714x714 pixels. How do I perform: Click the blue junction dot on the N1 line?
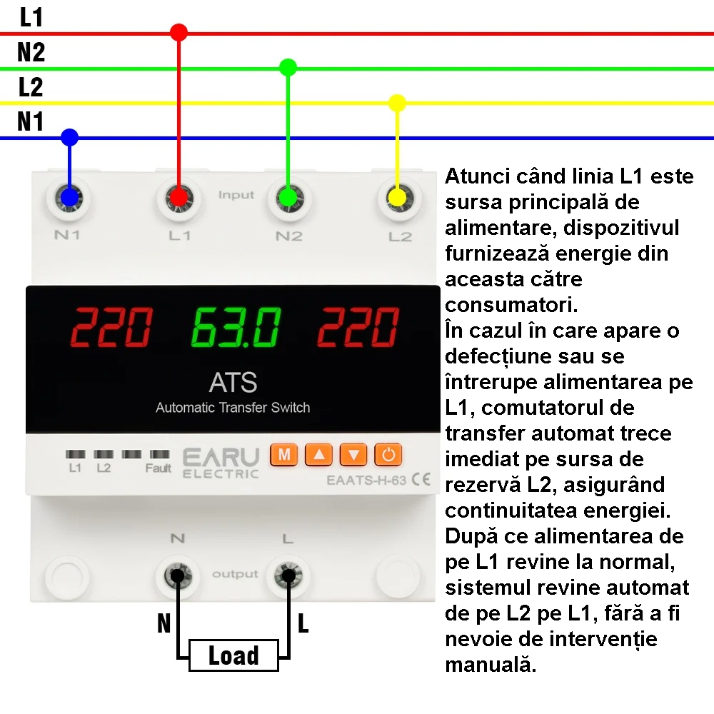click(x=69, y=137)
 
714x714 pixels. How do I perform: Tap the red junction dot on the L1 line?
click(x=178, y=32)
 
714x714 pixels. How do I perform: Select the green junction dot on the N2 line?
click(x=288, y=67)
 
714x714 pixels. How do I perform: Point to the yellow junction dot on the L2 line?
click(x=397, y=103)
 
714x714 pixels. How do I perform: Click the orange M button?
click(x=283, y=454)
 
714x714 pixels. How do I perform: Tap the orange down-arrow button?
click(x=353, y=454)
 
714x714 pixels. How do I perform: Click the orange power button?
click(x=388, y=454)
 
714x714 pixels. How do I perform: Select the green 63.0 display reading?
click(x=236, y=327)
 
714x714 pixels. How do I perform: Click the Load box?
click(x=233, y=655)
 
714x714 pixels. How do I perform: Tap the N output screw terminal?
click(x=178, y=576)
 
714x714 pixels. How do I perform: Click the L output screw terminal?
click(x=288, y=576)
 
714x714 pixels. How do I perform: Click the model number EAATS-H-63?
click(x=366, y=481)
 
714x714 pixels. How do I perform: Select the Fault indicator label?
click(x=158, y=468)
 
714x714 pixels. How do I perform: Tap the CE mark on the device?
click(x=421, y=480)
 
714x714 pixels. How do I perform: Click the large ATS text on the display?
click(x=233, y=383)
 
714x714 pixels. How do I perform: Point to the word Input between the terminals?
click(x=236, y=195)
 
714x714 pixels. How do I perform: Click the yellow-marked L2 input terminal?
click(x=397, y=198)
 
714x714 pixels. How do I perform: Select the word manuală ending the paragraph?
click(x=491, y=664)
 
